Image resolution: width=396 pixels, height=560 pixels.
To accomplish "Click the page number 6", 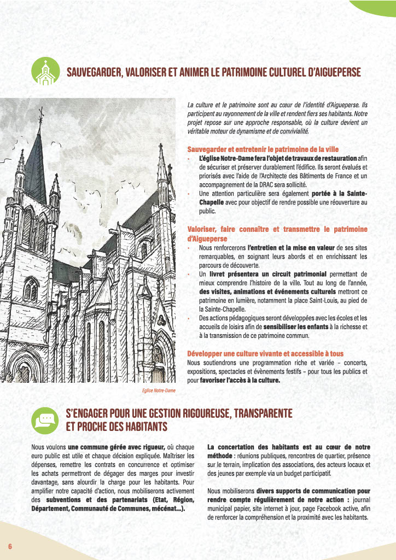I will click(x=10, y=546).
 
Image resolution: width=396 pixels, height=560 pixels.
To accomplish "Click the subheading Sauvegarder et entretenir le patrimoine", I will click(x=263, y=149).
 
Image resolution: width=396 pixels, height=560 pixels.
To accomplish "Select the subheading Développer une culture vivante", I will click(x=265, y=353).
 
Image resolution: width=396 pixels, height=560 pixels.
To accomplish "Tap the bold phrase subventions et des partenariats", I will click(x=90, y=500).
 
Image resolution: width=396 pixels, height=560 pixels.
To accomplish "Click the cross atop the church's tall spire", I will click(x=39, y=114).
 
